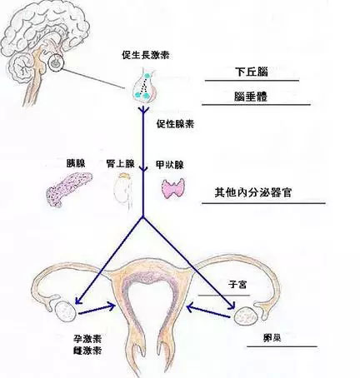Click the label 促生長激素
coord(146,55)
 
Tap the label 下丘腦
coord(252,72)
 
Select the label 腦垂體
coord(251,97)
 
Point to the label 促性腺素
coord(175,124)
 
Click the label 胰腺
coord(76,163)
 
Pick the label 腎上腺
coord(120,164)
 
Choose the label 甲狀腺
coord(170,165)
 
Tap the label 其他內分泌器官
coord(253,192)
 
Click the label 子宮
coord(237,285)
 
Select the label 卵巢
coord(272,338)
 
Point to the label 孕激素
coord(87,339)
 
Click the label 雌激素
coord(87,351)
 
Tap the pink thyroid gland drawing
coord(173,188)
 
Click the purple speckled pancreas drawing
coord(68,189)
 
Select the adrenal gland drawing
coord(124,191)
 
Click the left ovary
coord(66,311)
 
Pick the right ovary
coord(245,316)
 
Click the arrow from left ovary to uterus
coord(97,310)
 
